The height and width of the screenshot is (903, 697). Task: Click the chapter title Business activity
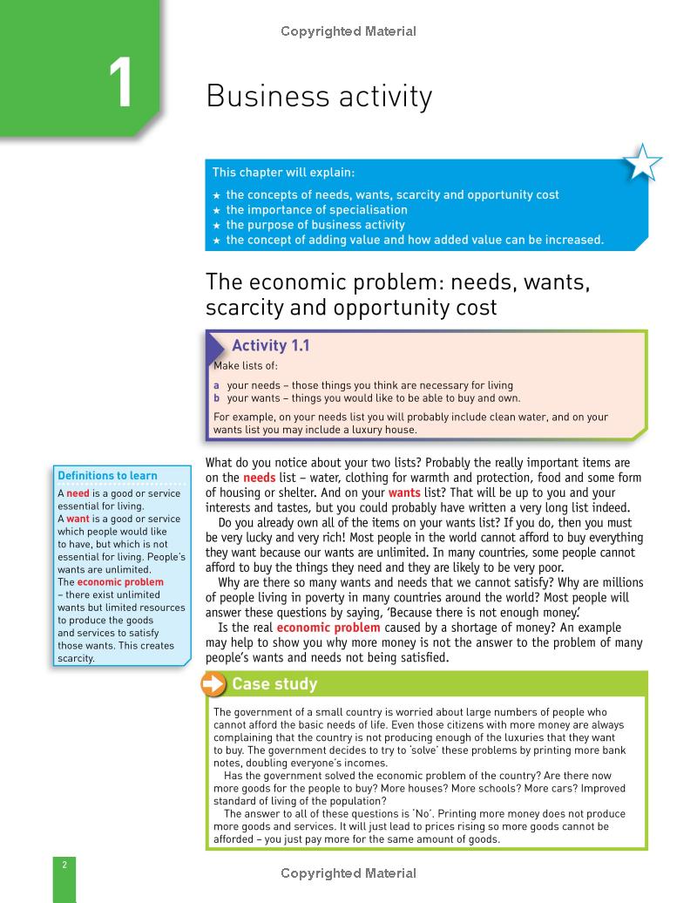[x=319, y=97]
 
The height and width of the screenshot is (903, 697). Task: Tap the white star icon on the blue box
[x=642, y=162]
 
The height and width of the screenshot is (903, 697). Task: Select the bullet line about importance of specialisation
[x=316, y=210]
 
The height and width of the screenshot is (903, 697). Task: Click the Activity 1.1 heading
[x=270, y=346]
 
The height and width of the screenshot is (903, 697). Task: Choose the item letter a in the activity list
[x=217, y=385]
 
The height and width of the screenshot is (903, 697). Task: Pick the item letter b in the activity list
[x=217, y=398]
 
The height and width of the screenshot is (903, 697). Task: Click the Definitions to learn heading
[x=107, y=476]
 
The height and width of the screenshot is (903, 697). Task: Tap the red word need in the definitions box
[x=78, y=493]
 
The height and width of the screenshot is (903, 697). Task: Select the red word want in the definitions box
[x=78, y=519]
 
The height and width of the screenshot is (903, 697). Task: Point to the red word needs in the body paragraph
[x=259, y=479]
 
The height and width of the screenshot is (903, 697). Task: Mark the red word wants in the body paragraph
[x=403, y=493]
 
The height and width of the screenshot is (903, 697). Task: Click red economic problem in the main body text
[x=328, y=628]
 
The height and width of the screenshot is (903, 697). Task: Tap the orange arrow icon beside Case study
[x=213, y=684]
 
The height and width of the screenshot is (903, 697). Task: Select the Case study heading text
[x=274, y=684]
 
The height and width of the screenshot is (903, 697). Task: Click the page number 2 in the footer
[x=64, y=865]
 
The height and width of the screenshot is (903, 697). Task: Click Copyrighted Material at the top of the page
[x=348, y=31]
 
